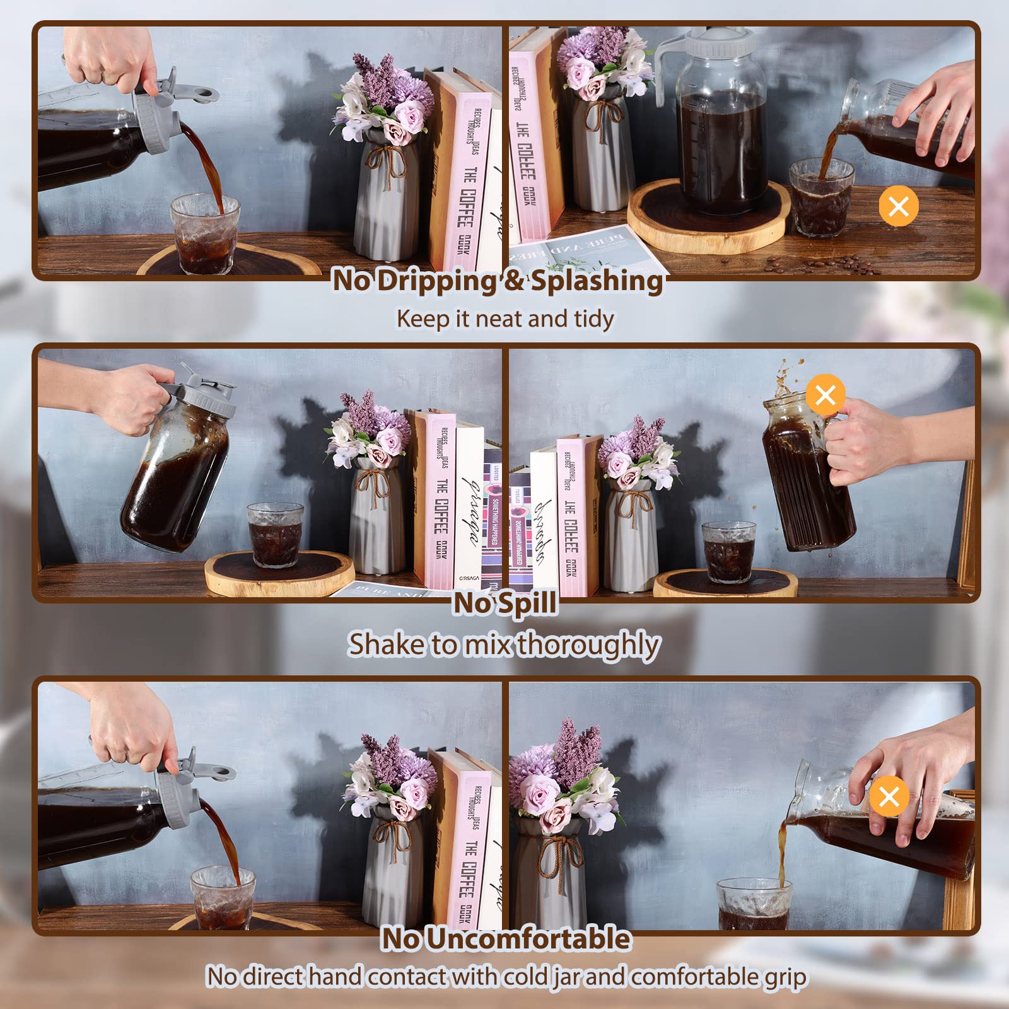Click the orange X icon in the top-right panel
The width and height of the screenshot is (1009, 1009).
point(899,206)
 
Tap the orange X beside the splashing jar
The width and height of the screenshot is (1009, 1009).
point(825,395)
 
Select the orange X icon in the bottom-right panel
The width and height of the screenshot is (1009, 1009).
point(889,796)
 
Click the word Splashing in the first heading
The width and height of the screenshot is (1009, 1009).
point(596,281)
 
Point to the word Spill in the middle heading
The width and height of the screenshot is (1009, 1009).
point(528,604)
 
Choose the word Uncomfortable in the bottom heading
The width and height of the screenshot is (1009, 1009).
point(528,939)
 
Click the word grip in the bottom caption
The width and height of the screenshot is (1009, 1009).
point(785,977)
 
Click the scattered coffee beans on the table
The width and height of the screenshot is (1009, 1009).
point(820,265)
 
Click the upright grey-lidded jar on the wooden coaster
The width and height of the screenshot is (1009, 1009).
point(719,126)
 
